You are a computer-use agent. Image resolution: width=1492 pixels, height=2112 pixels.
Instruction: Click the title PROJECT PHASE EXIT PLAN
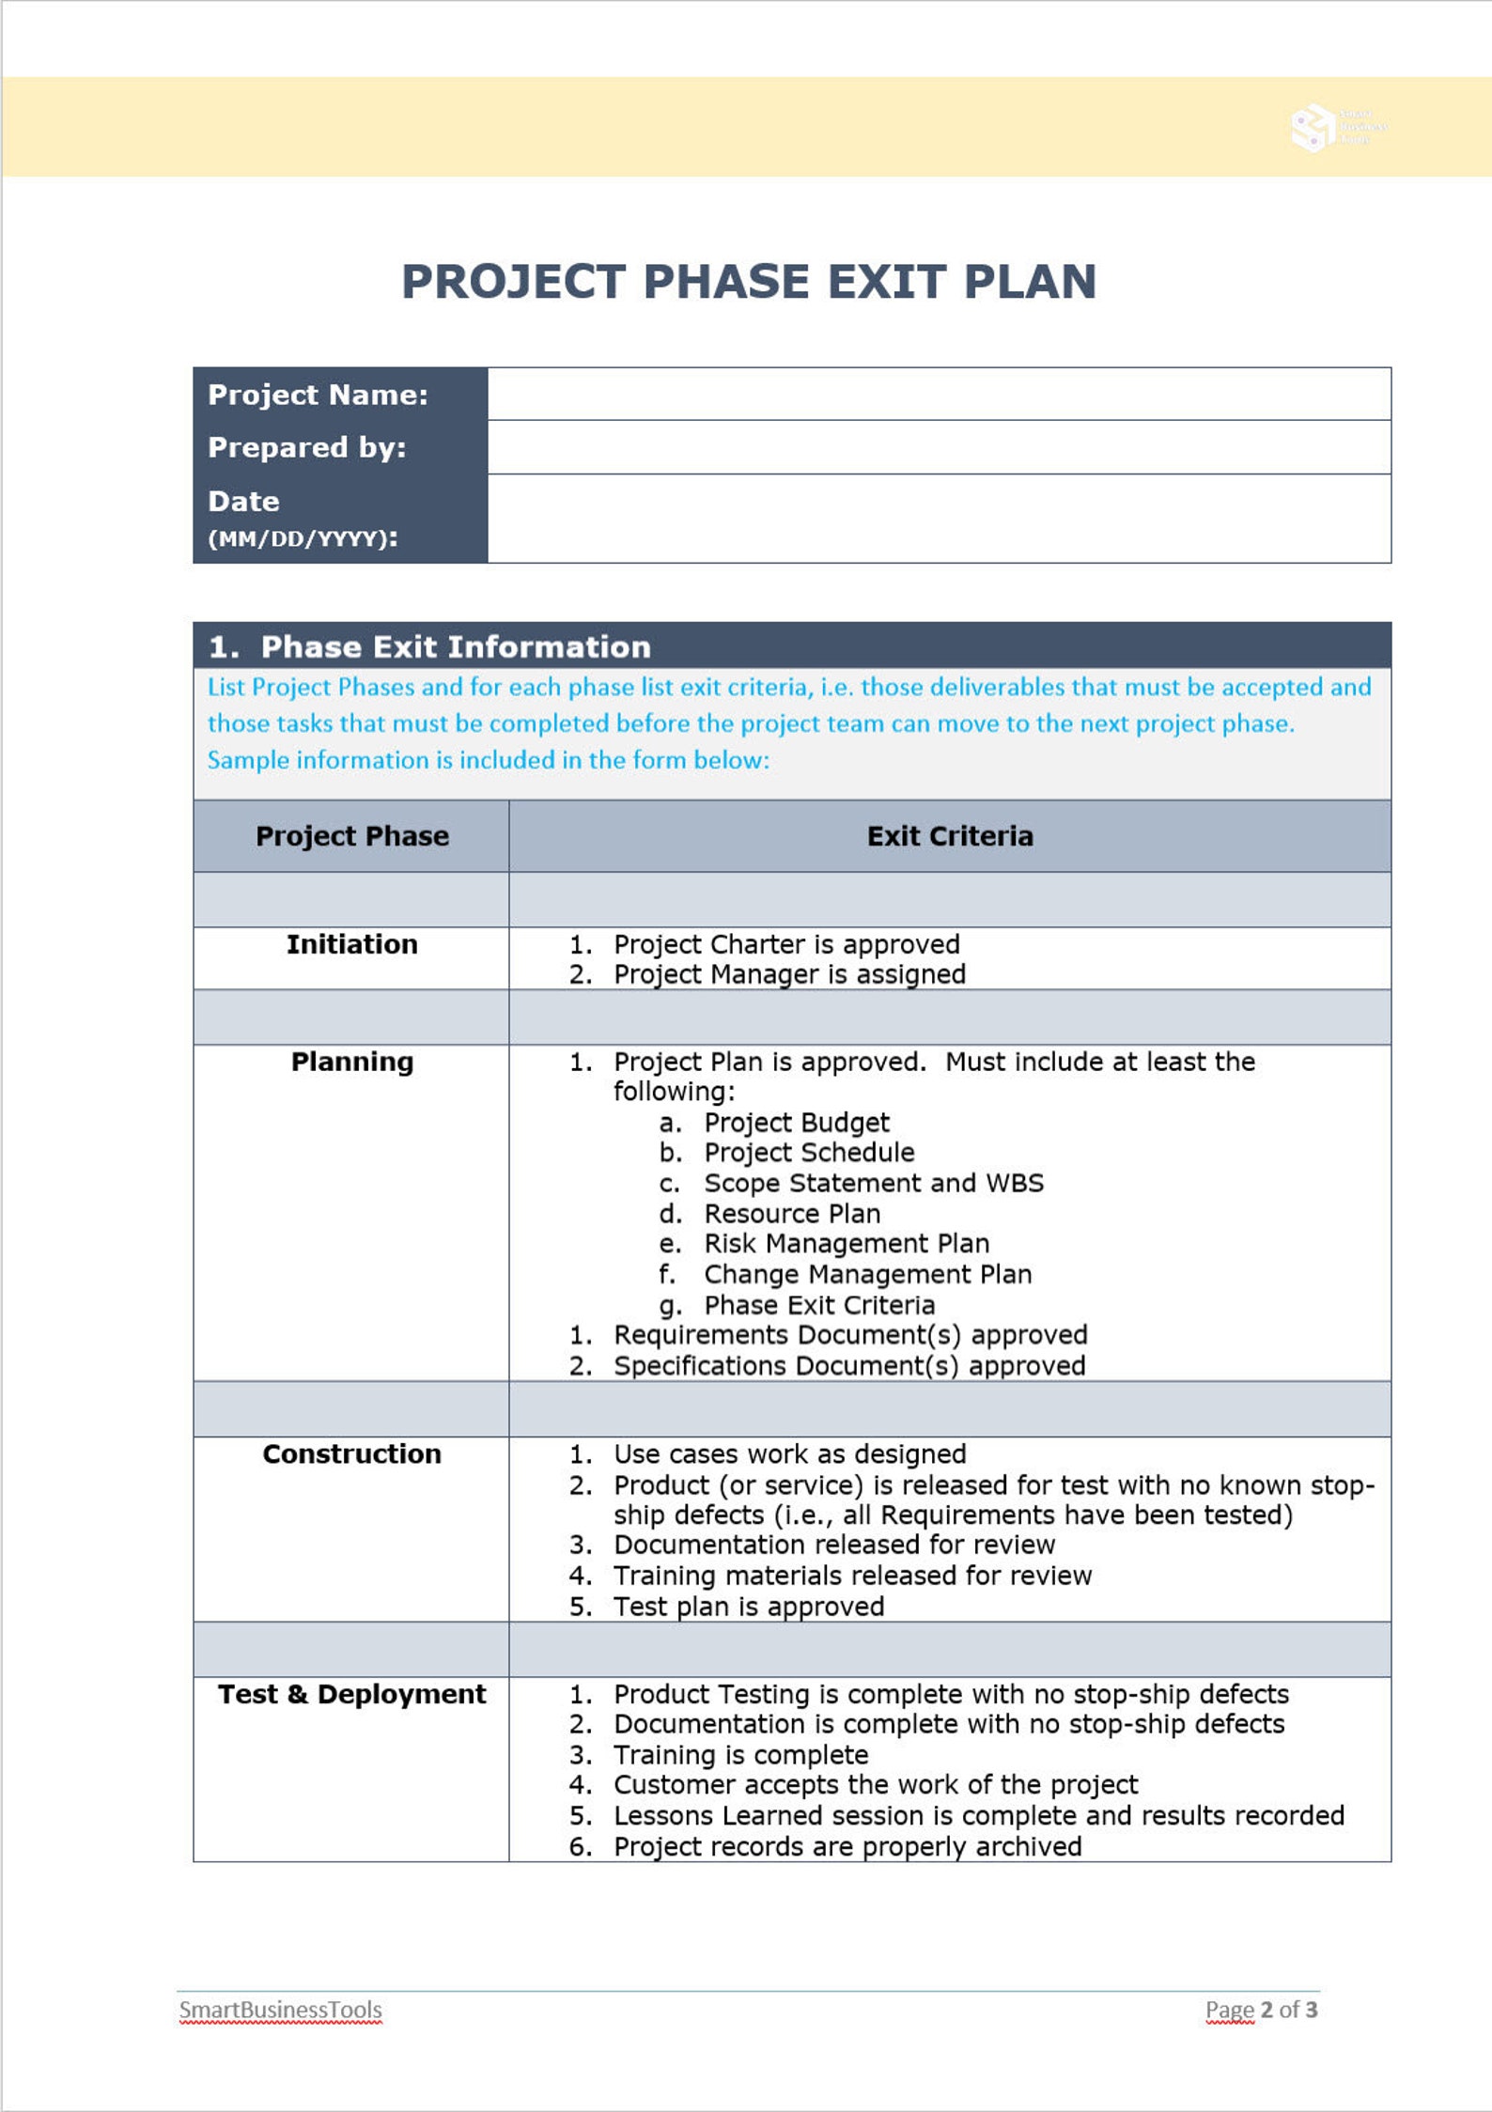[x=749, y=282]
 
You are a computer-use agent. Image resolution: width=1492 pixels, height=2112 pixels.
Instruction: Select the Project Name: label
[x=318, y=395]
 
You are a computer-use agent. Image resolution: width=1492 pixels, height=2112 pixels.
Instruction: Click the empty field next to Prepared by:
[x=939, y=447]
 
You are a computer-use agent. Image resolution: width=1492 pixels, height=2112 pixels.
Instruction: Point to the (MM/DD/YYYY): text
[x=303, y=538]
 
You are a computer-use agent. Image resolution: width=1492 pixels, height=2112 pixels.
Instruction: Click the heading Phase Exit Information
[x=455, y=646]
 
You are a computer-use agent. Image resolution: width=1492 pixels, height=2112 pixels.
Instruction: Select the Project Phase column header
[x=351, y=836]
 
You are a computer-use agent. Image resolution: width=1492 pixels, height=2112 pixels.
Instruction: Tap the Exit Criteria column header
[x=949, y=836]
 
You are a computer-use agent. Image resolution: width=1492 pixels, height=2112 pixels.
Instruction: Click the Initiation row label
[x=351, y=944]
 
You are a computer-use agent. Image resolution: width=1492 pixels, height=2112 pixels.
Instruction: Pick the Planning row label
[x=351, y=1062]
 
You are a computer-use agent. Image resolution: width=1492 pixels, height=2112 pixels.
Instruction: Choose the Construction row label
[x=351, y=1453]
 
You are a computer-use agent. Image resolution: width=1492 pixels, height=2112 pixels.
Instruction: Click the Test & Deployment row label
[x=351, y=1694]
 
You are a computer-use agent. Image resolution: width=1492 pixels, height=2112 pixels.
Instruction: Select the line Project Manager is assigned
[x=788, y=974]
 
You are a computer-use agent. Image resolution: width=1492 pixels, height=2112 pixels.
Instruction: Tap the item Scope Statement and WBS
[x=873, y=1183]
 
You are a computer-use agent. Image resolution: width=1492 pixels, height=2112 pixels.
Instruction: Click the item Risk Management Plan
[x=846, y=1244]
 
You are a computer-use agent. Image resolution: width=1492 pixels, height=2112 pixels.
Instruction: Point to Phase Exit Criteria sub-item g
[x=818, y=1305]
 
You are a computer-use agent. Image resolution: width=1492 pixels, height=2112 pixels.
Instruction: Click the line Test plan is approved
[x=748, y=1607]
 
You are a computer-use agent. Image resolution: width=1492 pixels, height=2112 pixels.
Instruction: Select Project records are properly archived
[x=847, y=1846]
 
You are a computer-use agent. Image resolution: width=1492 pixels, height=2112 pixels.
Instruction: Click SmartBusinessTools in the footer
[x=280, y=2010]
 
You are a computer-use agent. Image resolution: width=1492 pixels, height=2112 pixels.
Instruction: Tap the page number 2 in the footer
[x=1267, y=2010]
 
